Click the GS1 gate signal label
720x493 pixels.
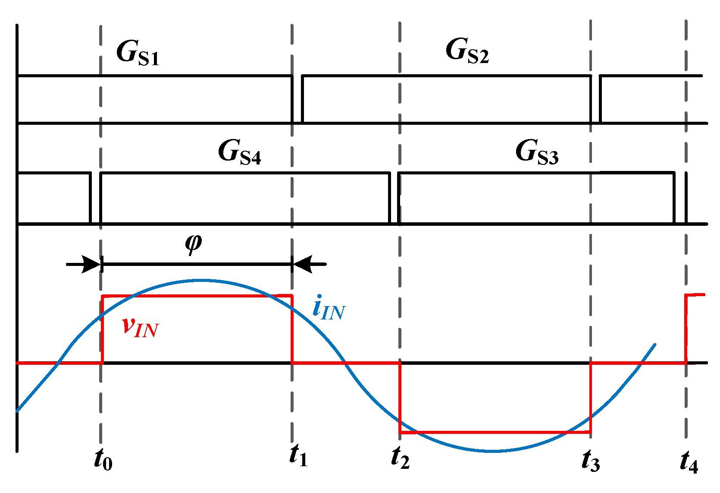[138, 53]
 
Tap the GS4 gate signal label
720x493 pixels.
[239, 152]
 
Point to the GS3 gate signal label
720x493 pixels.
[537, 152]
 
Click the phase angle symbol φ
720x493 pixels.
[193, 243]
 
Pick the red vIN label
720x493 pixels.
[140, 326]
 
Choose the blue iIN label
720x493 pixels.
[329, 308]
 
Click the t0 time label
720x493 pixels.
[103, 459]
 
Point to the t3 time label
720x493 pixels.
[591, 460]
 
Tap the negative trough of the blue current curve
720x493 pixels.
[493, 451]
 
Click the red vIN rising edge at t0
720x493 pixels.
[102, 329]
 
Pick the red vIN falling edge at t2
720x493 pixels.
[401, 397]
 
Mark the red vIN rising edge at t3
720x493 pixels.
[590, 397]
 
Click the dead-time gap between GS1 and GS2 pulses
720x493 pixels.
[297, 99]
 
